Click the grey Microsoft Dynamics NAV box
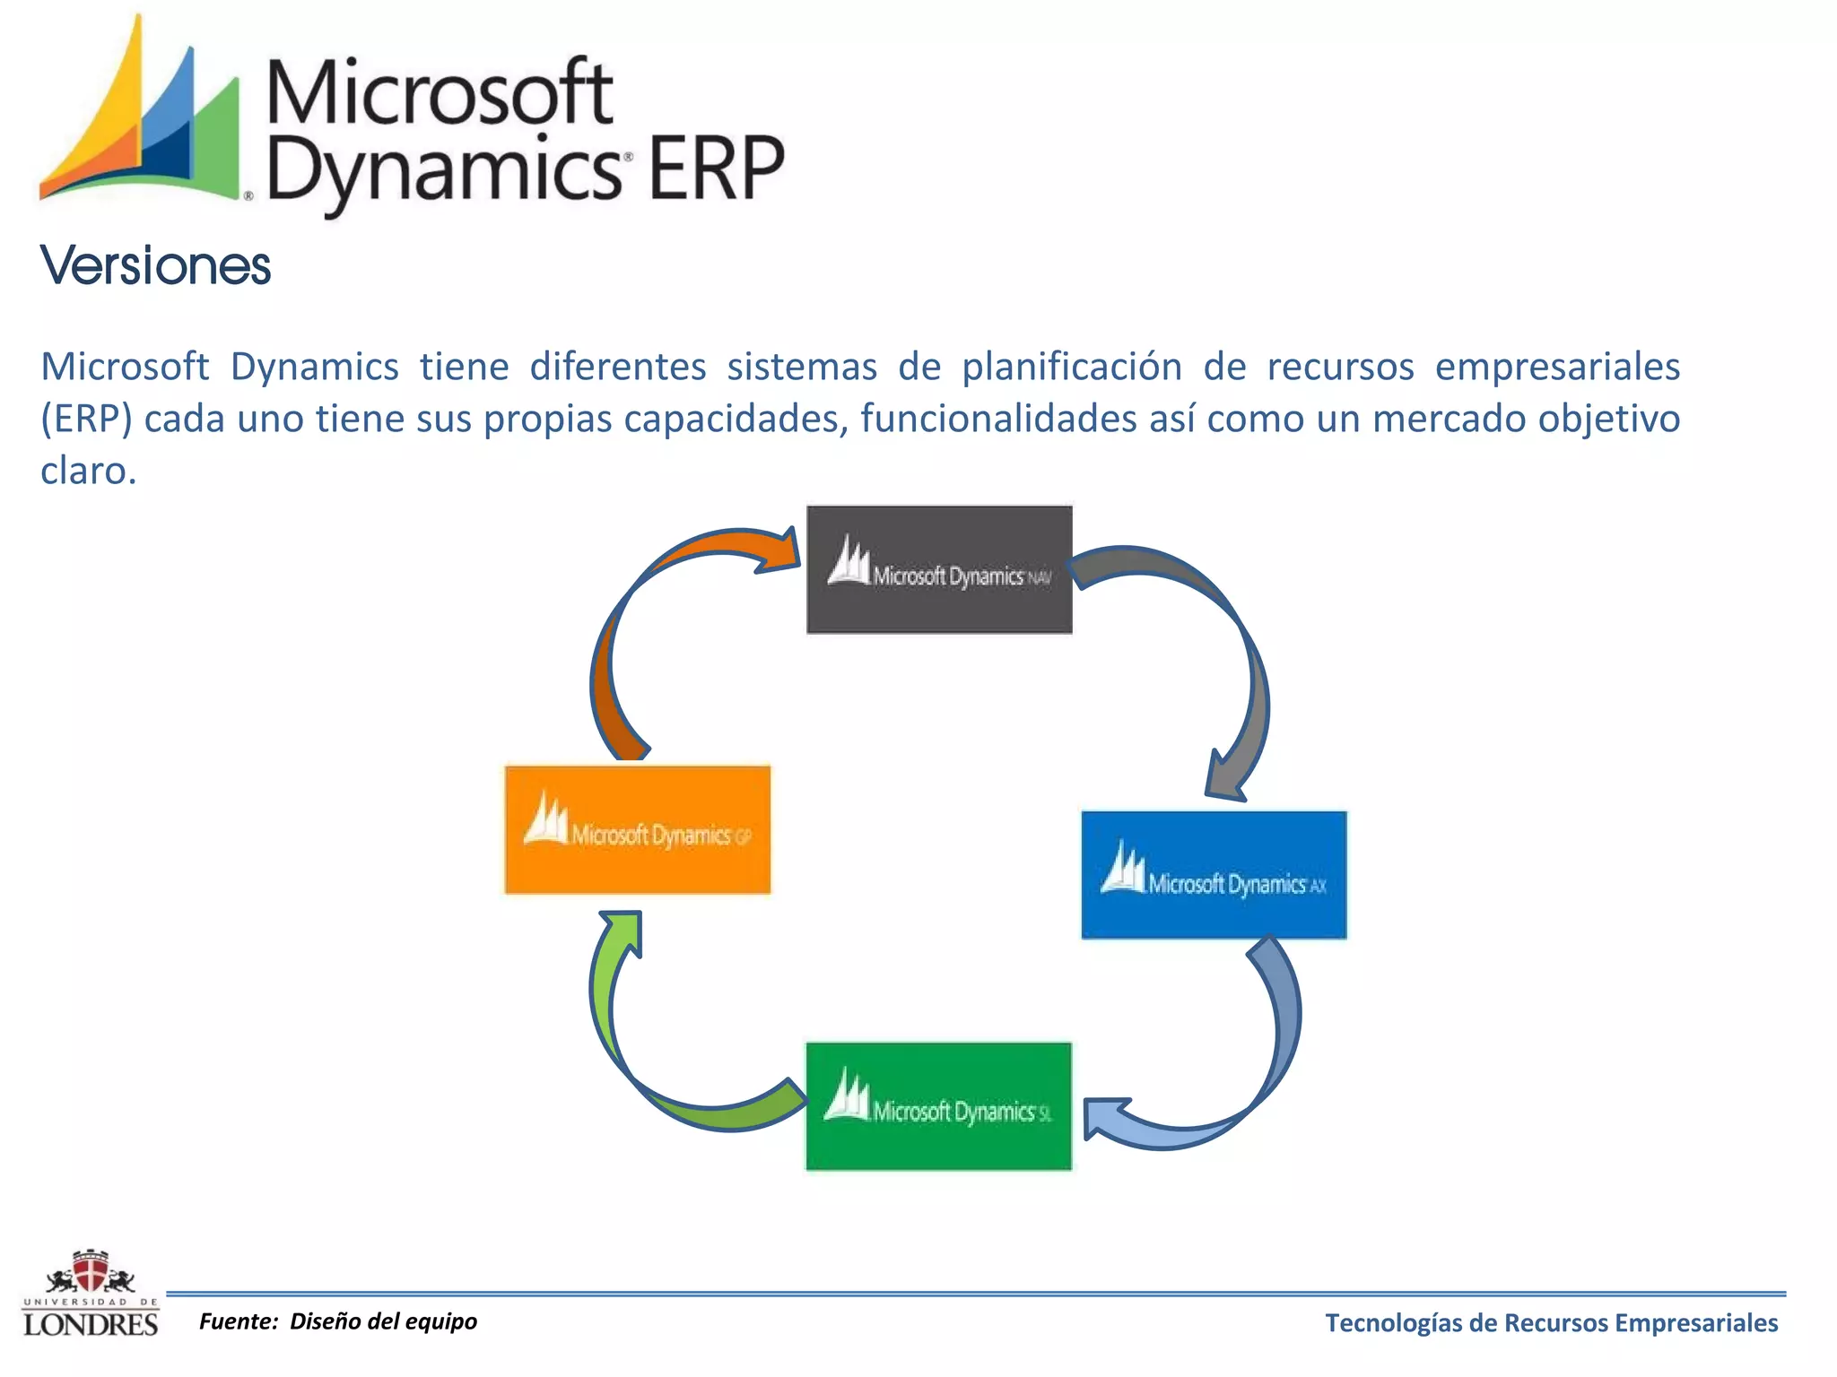[x=939, y=570]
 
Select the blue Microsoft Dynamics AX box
[x=1214, y=875]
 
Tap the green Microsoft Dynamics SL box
[x=938, y=1106]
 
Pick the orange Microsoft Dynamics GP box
[x=637, y=829]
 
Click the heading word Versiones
[x=155, y=266]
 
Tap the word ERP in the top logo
[x=715, y=169]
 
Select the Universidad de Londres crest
[x=90, y=1272]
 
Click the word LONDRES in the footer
[x=90, y=1324]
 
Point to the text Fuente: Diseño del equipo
[x=338, y=1321]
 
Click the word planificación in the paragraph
[x=1072, y=367]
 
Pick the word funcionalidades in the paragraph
[x=998, y=419]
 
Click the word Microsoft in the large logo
[x=440, y=92]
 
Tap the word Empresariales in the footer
[x=1708, y=1323]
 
